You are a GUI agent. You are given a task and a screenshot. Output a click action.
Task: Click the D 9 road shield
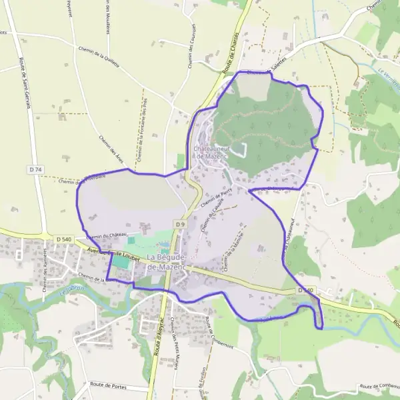point(180,225)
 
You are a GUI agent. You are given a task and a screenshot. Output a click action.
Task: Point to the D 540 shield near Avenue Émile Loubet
point(64,239)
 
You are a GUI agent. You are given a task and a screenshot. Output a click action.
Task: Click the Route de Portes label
point(109,386)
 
